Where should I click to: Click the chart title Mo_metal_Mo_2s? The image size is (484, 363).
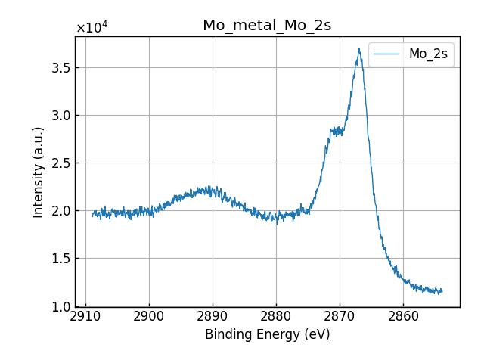pyautogui.click(x=267, y=26)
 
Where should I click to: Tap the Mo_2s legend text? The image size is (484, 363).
pyautogui.click(x=428, y=54)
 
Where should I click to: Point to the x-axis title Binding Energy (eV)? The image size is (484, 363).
pyautogui.click(x=267, y=334)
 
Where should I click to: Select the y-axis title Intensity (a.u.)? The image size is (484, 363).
pyautogui.click(x=39, y=172)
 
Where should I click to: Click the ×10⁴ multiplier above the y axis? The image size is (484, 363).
pyautogui.click(x=92, y=28)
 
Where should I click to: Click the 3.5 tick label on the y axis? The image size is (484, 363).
pyautogui.click(x=60, y=68)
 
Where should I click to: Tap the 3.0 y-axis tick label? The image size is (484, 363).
pyautogui.click(x=60, y=116)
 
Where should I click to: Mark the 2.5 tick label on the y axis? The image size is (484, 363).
pyautogui.click(x=60, y=163)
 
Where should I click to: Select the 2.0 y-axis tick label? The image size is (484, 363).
pyautogui.click(x=60, y=211)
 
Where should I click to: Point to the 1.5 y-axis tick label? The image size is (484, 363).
pyautogui.click(x=60, y=259)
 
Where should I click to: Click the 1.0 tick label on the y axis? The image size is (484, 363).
pyautogui.click(x=60, y=306)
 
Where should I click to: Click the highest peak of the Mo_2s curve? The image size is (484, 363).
pyautogui.click(x=359, y=50)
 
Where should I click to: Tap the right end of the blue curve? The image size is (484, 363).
pyautogui.click(x=442, y=291)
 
